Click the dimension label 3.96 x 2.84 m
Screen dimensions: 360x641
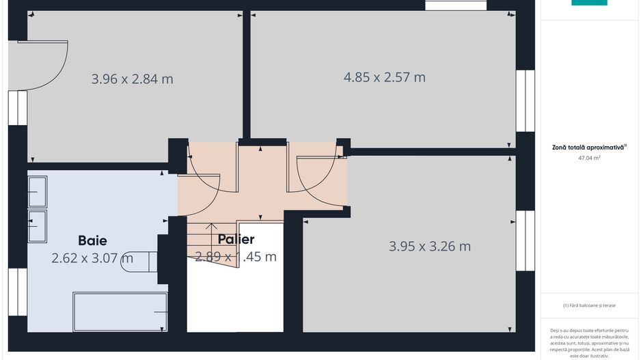pyautogui.click(x=132, y=79)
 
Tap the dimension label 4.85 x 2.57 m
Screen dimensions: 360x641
pyautogui.click(x=384, y=77)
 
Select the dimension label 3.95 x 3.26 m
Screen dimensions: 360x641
pyautogui.click(x=430, y=246)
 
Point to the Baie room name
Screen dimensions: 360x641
pyautogui.click(x=92, y=240)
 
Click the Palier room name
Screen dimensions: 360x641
pyautogui.click(x=236, y=239)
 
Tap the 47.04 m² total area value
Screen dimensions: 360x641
pyautogui.click(x=589, y=158)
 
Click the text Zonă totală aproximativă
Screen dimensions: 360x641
pyautogui.click(x=588, y=147)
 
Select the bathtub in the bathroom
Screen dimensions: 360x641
pyautogui.click(x=120, y=312)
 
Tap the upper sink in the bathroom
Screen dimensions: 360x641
pyautogui.click(x=37, y=191)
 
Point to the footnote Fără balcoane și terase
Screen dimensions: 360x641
pyautogui.click(x=589, y=305)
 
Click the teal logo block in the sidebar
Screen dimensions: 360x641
pyautogui.click(x=589, y=3)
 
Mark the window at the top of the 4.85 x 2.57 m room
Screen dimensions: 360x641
pyautogui.click(x=456, y=5)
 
